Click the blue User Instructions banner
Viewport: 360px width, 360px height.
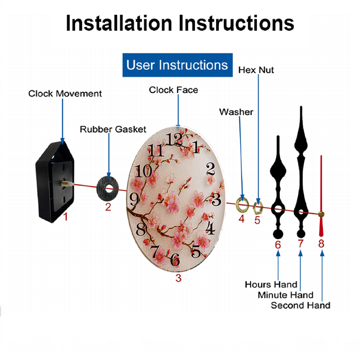tap(177, 65)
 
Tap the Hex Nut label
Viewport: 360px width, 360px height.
tap(256, 70)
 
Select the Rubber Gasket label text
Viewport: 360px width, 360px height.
tap(113, 129)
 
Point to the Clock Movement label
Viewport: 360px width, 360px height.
tap(65, 94)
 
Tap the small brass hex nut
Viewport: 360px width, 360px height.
tap(258, 208)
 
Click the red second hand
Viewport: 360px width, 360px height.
tap(321, 196)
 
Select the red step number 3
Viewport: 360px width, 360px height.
tap(179, 278)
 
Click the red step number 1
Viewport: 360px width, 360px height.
tap(66, 216)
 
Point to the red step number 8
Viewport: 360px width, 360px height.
tap(321, 244)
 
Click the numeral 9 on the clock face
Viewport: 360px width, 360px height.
tap(134, 199)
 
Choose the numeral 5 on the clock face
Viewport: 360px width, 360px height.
tap(196, 251)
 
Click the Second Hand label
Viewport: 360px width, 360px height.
tap(301, 305)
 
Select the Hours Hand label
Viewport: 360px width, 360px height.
tap(271, 284)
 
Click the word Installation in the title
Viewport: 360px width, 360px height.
tap(119, 23)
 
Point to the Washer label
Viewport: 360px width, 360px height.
tap(236, 112)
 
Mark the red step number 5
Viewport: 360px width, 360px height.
tap(257, 220)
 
